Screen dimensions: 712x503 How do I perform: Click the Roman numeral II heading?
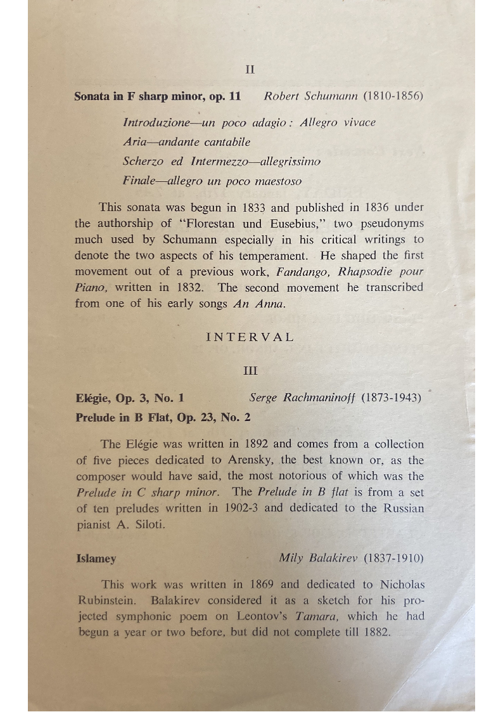250,70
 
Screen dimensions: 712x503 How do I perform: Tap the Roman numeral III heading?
250,370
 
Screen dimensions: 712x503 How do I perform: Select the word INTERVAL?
250,337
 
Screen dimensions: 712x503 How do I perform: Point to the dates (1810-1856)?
393,96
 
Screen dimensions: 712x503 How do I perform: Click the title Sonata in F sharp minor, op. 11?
158,97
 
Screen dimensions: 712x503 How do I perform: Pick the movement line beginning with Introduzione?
249,122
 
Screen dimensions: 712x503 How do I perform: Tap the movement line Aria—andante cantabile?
186,142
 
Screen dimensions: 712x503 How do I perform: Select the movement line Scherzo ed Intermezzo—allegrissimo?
221,162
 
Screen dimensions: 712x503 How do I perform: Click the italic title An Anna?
259,304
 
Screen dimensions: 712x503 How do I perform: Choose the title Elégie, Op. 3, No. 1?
129,399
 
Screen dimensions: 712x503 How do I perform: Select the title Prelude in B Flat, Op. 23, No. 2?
163,418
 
